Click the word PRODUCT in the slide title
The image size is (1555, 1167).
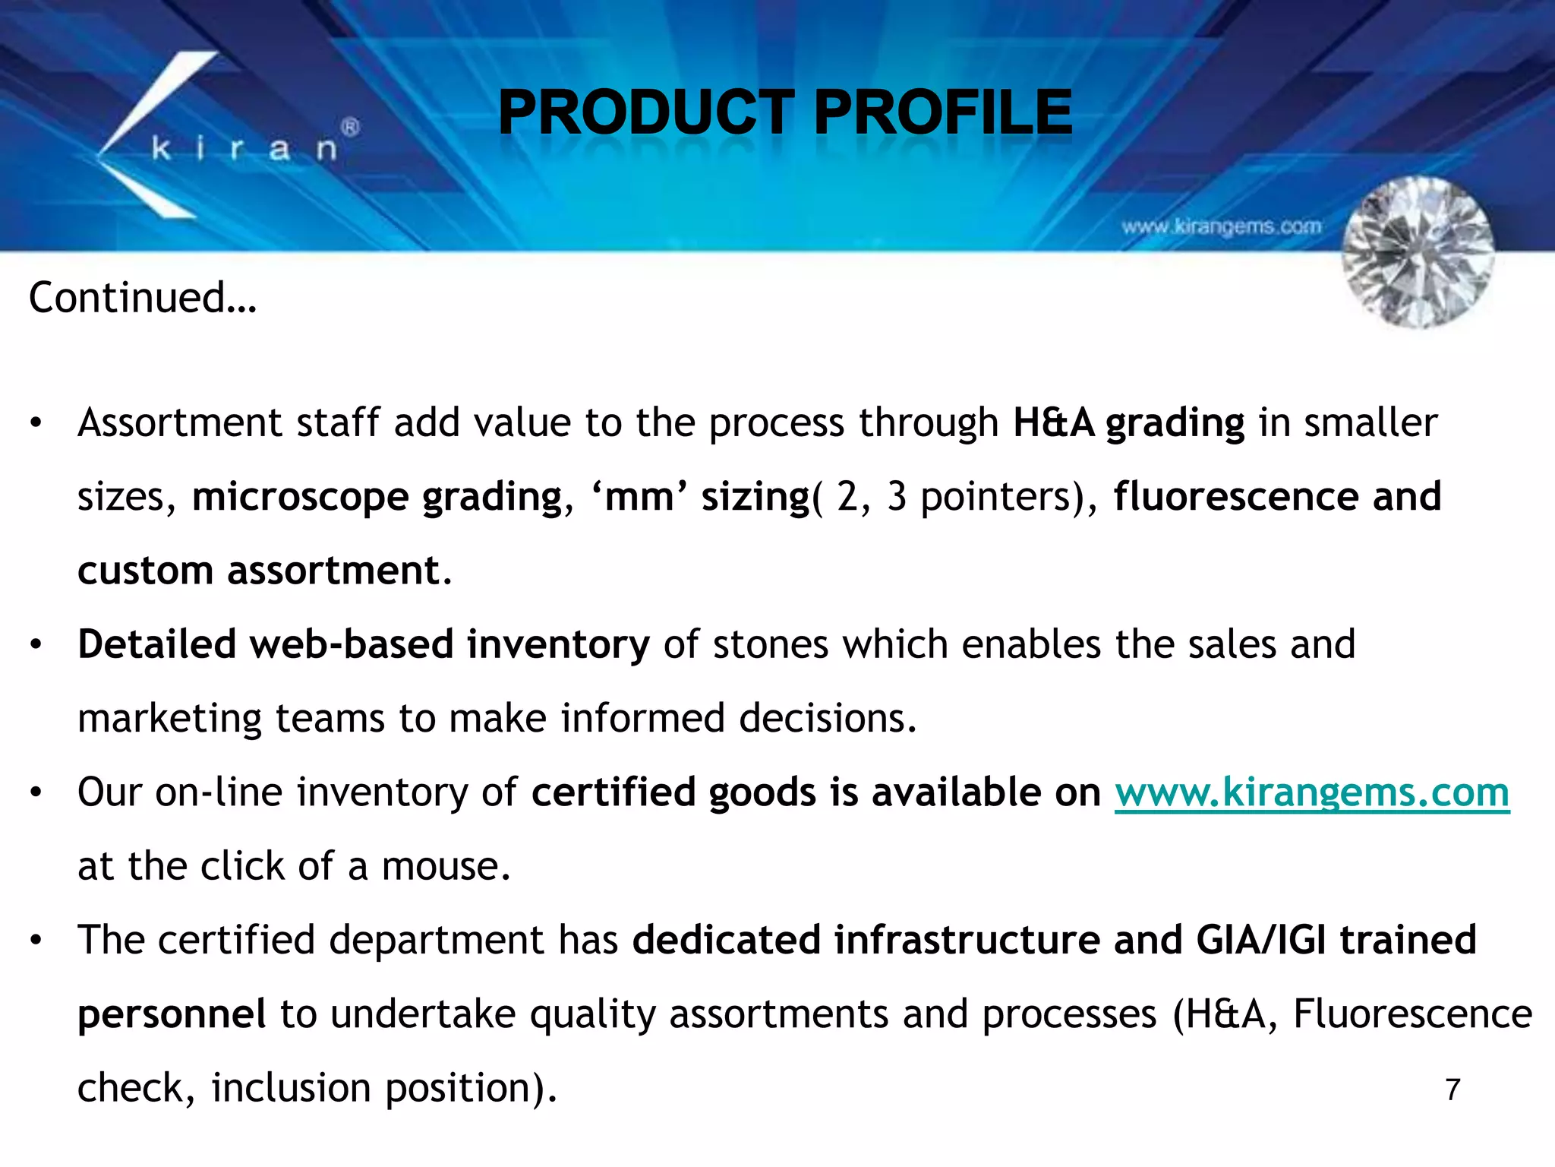coord(646,112)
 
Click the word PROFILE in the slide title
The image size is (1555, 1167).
coord(942,112)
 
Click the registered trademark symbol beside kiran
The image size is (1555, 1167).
coord(350,128)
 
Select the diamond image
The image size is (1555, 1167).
coord(1418,252)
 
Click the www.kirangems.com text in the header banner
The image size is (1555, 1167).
coord(1221,226)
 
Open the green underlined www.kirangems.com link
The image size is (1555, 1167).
coord(1311,792)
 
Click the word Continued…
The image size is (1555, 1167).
coord(143,297)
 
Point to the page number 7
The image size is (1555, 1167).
coord(1452,1090)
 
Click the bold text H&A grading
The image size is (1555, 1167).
coord(1128,422)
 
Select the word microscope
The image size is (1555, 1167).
coord(300,497)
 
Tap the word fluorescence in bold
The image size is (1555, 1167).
coord(1235,497)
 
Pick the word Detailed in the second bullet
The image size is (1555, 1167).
coord(156,644)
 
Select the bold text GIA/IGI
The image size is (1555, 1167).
coord(1261,940)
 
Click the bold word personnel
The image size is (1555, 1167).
coord(172,1014)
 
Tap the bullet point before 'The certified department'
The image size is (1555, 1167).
coord(36,941)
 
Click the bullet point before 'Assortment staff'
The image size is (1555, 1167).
coord(36,423)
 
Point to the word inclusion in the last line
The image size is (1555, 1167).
coord(291,1087)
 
